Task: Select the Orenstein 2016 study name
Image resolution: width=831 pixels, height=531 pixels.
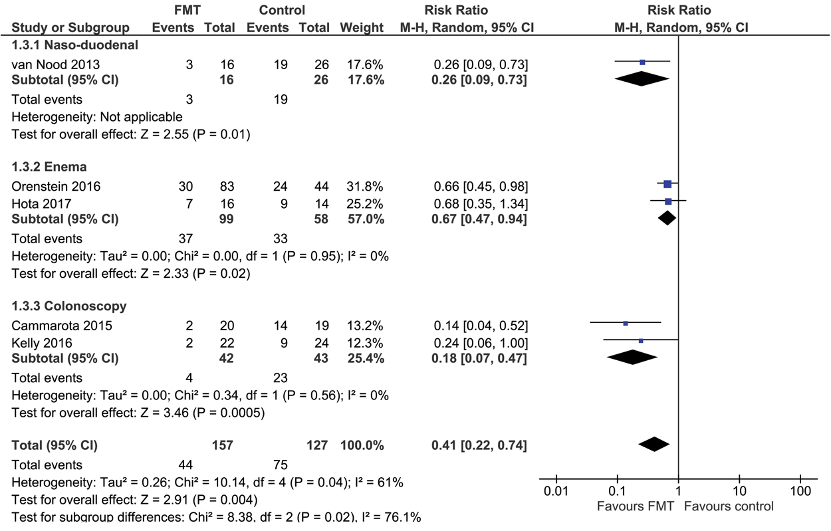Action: [56, 186]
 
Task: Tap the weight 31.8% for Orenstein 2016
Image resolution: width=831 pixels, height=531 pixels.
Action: [362, 186]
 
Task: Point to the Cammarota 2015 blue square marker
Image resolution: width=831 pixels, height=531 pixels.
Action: [626, 324]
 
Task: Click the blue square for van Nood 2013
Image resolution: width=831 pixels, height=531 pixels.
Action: [642, 62]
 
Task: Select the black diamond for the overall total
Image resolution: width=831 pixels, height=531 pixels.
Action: [653, 444]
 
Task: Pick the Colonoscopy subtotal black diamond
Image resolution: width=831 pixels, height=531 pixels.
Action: [632, 357]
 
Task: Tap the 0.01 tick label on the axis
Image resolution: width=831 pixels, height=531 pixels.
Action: [556, 492]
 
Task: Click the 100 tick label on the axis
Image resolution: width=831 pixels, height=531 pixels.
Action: [800, 492]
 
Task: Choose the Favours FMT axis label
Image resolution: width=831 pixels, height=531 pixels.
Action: [636, 506]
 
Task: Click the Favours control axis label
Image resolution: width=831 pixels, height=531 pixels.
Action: [729, 506]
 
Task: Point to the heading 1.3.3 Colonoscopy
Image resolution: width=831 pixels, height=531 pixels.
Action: [69, 306]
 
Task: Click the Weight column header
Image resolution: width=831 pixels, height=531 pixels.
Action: [362, 28]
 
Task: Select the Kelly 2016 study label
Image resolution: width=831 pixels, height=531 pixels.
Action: [41, 343]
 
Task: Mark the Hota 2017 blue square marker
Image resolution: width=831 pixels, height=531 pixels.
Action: [668, 201]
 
